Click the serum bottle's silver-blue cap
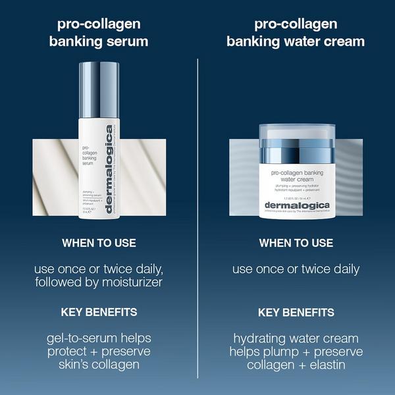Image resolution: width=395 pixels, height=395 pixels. [x=99, y=86]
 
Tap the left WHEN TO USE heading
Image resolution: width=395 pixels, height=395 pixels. [x=99, y=243]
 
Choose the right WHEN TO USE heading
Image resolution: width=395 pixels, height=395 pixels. [x=296, y=243]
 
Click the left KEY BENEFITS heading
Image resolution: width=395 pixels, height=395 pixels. [x=99, y=312]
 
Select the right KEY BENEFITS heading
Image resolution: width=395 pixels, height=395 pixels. [x=296, y=312]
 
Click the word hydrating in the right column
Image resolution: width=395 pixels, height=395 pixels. [x=257, y=338]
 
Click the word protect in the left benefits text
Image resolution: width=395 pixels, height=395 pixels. [x=70, y=352]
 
